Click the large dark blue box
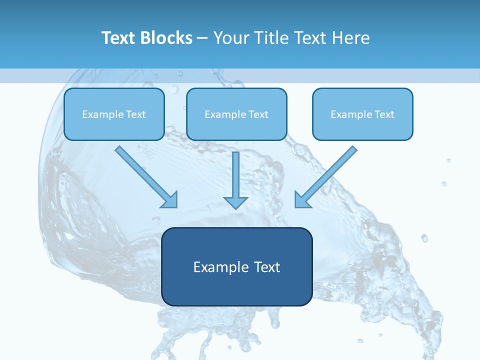click(236, 290)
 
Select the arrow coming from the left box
click(145, 176)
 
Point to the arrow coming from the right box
click(326, 176)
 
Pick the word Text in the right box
click(384, 114)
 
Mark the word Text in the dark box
click(267, 267)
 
